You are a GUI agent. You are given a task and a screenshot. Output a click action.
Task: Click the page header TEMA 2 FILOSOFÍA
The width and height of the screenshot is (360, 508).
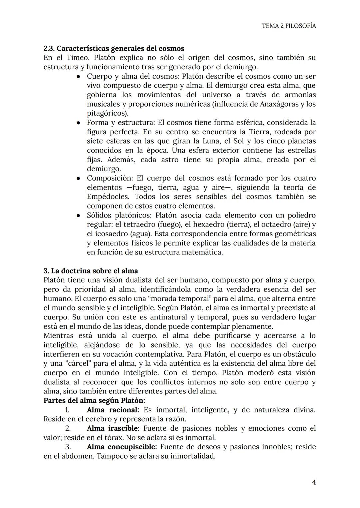[x=289, y=26]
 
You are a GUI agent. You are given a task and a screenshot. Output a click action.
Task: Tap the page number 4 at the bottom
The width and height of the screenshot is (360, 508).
[x=313, y=482]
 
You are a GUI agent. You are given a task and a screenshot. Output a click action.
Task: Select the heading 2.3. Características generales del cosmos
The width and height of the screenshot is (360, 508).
[x=114, y=48]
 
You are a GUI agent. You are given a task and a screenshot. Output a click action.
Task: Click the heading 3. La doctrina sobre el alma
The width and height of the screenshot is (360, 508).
[x=91, y=270]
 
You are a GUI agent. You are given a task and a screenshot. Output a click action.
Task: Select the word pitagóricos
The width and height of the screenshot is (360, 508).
[x=106, y=113]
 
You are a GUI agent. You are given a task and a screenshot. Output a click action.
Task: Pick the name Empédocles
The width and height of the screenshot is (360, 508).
[x=108, y=197]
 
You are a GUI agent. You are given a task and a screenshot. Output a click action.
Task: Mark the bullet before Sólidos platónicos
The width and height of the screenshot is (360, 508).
[x=78, y=216]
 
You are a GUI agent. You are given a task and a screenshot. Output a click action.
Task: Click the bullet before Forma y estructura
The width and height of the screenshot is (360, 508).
[x=78, y=123]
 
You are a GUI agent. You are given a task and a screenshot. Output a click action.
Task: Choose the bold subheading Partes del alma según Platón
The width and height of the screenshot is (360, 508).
[x=94, y=400]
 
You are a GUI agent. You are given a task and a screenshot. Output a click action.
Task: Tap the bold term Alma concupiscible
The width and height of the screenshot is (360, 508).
[x=122, y=447]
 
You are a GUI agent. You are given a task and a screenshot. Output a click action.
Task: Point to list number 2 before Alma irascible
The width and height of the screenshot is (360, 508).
[x=68, y=428]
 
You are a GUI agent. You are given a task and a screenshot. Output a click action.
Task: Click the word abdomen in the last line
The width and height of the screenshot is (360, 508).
[x=78, y=456]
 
